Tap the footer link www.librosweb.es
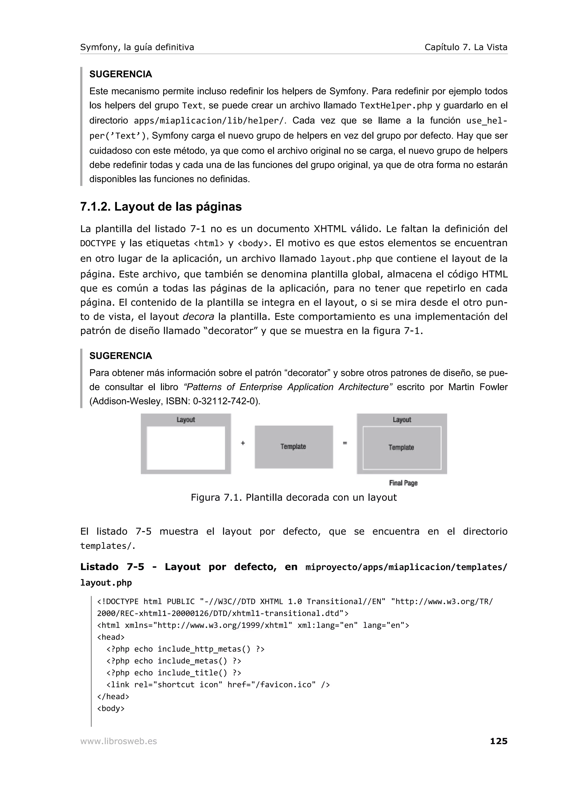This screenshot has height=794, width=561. (119, 741)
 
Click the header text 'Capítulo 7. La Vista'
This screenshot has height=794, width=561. (466, 47)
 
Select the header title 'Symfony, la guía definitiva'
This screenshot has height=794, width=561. (137, 47)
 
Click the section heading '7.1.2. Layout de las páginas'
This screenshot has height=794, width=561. (161, 207)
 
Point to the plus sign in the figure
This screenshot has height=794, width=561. (243, 443)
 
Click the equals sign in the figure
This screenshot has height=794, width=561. (345, 443)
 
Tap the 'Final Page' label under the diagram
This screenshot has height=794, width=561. (403, 483)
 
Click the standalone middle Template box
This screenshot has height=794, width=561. (293, 447)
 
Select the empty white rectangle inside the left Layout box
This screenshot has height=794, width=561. (186, 448)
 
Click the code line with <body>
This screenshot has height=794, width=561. (111, 708)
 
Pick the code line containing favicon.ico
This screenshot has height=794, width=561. (218, 684)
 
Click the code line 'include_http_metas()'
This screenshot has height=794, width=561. (185, 649)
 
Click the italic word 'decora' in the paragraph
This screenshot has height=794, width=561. (198, 316)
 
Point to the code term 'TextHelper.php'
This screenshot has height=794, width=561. (396, 106)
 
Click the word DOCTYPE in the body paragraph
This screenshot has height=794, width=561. (98, 244)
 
